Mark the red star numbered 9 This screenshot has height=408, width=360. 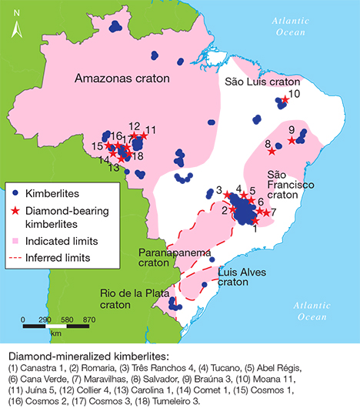292,140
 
